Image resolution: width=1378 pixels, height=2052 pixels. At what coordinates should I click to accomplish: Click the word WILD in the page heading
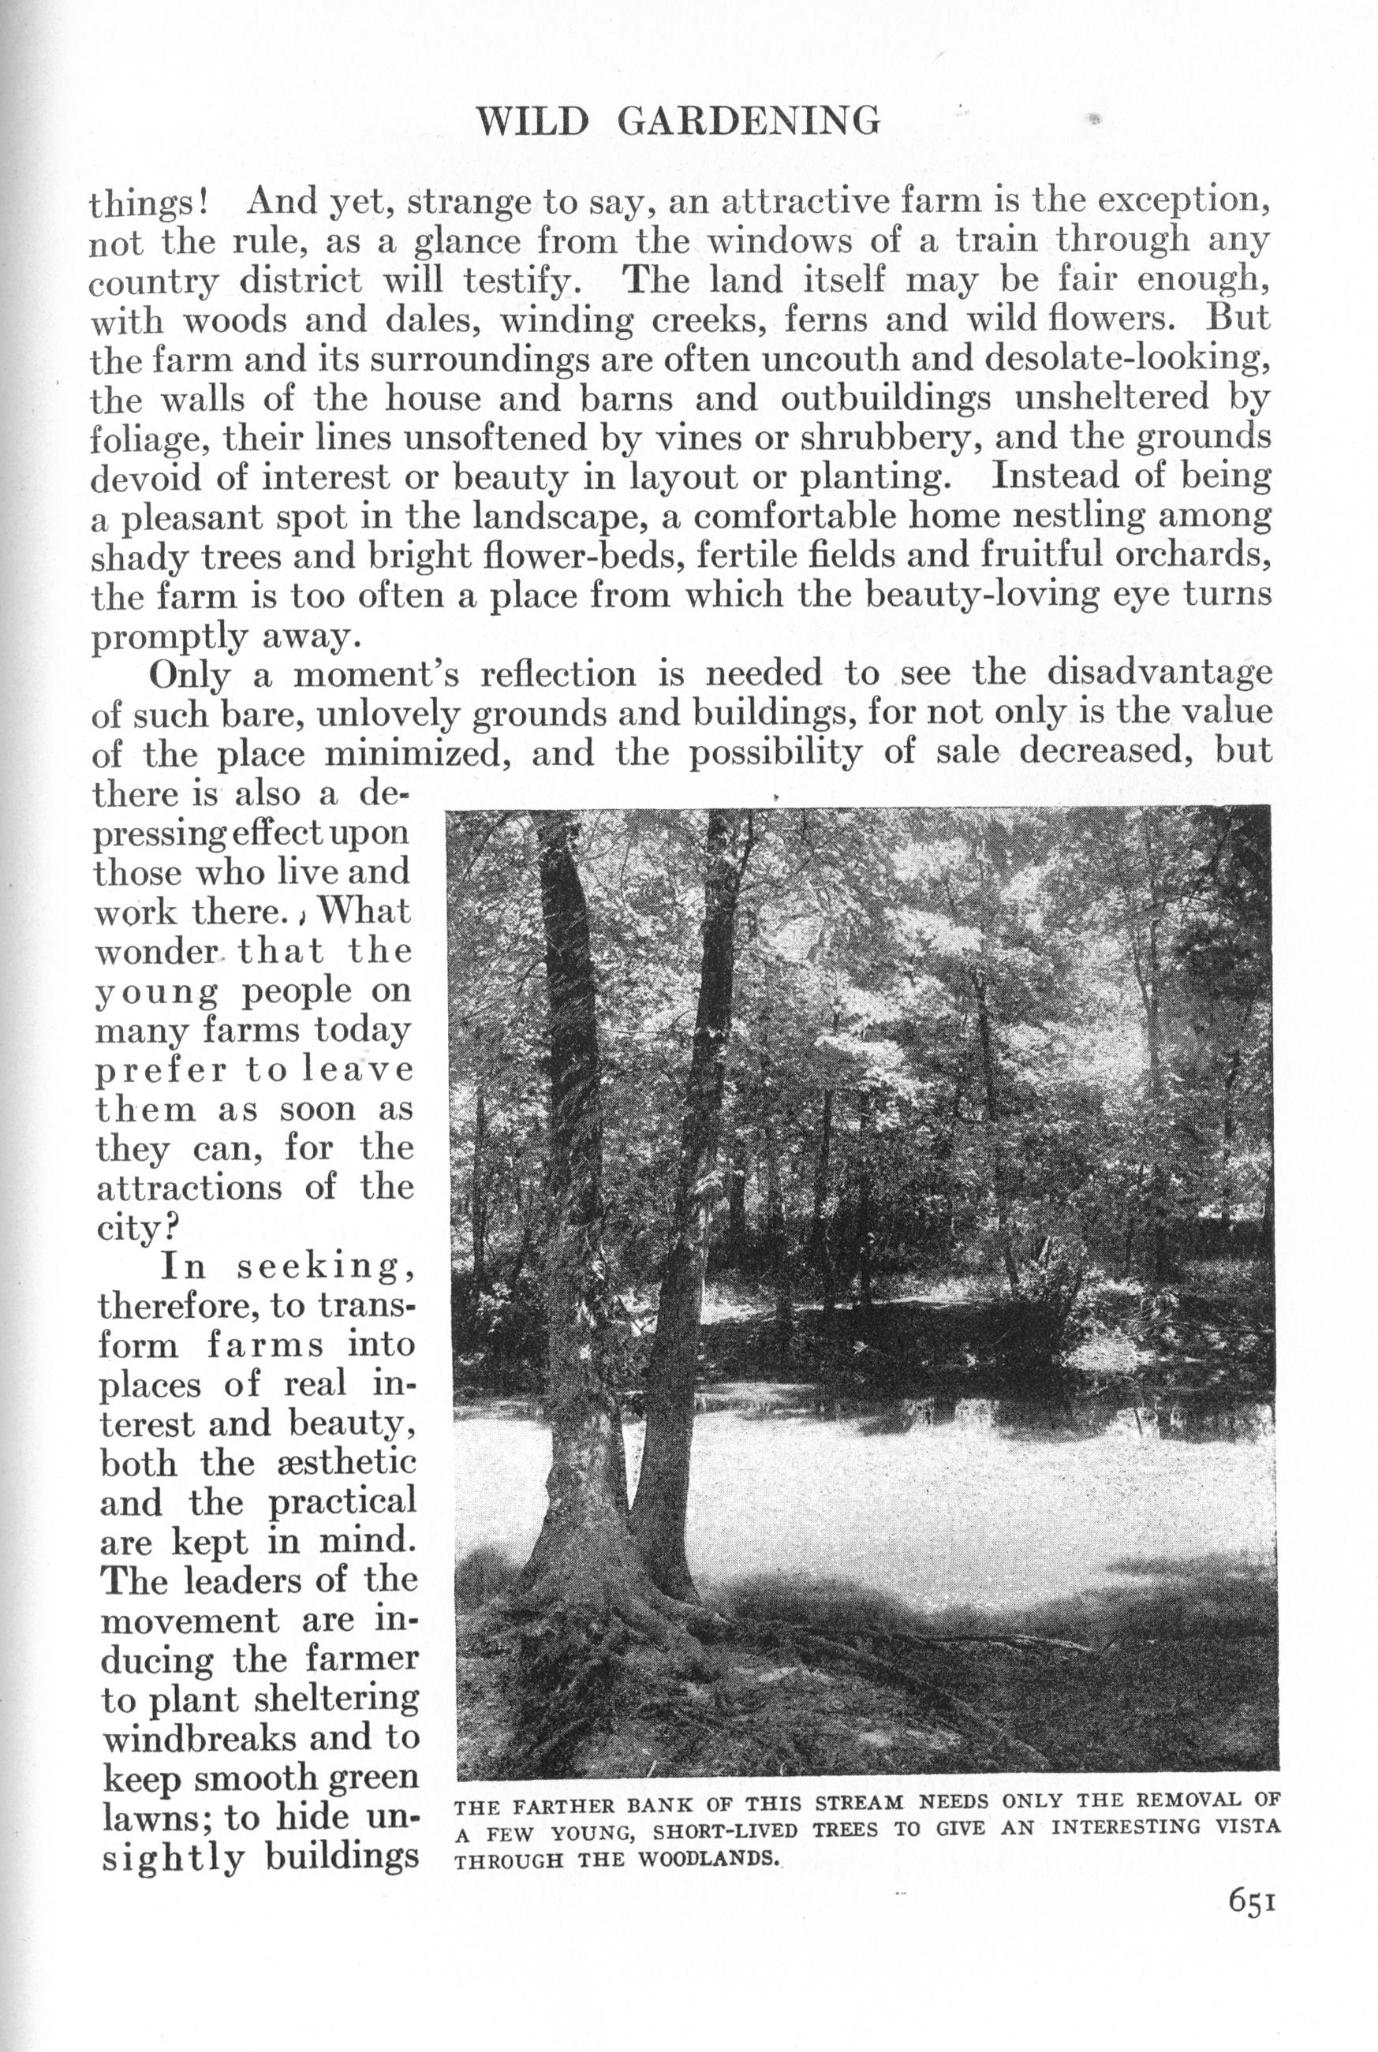(532, 121)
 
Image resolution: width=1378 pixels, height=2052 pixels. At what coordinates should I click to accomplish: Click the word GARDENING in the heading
(748, 121)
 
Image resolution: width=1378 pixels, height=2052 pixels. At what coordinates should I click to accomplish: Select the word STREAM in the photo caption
(859, 1804)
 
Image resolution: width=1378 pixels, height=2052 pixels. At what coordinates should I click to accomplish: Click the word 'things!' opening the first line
(149, 203)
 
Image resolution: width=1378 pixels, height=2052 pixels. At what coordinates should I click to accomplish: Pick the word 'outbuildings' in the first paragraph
(885, 400)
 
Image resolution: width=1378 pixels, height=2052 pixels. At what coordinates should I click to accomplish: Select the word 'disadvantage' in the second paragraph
(1160, 674)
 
